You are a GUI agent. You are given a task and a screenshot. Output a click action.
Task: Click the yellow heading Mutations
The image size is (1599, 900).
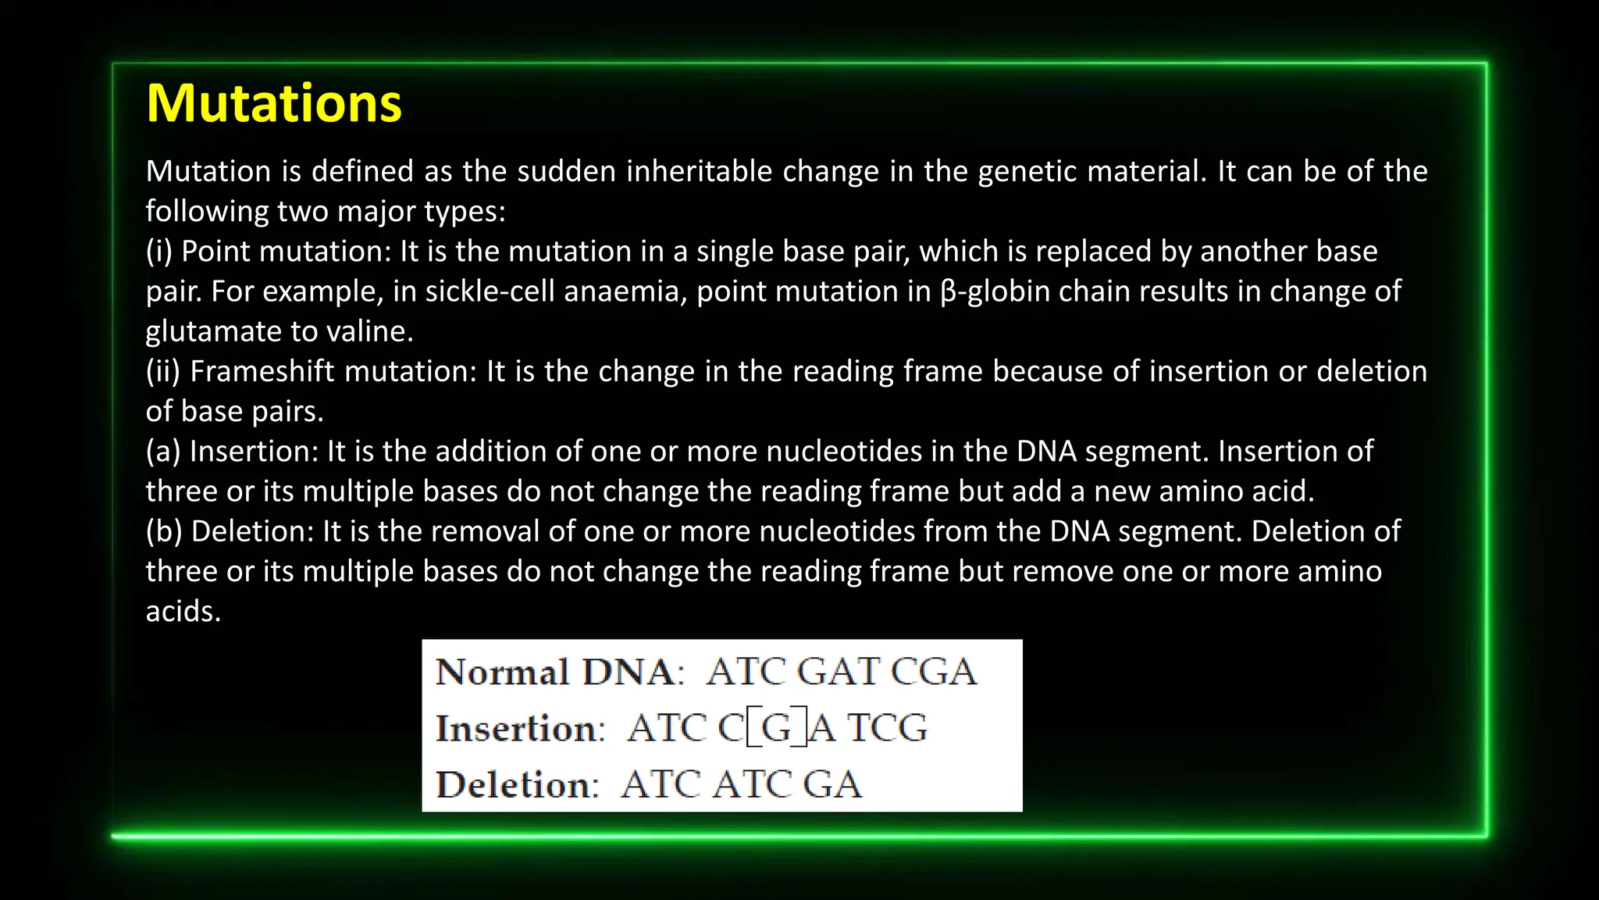(x=273, y=103)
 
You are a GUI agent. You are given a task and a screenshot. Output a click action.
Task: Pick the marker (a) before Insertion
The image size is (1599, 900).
(x=162, y=452)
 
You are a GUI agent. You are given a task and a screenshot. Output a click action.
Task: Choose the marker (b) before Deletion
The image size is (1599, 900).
(x=163, y=531)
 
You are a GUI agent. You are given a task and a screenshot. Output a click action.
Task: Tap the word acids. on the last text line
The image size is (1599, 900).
(x=183, y=612)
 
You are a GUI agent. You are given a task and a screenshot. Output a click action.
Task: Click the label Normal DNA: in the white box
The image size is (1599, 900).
(x=559, y=672)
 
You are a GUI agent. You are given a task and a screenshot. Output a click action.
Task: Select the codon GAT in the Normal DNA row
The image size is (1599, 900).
(x=839, y=672)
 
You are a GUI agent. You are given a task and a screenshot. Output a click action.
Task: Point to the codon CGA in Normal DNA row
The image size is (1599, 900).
(x=934, y=672)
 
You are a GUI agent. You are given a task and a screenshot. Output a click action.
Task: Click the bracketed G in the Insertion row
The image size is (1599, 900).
(x=776, y=728)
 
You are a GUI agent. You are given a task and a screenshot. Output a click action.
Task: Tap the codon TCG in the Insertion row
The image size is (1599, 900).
(x=888, y=728)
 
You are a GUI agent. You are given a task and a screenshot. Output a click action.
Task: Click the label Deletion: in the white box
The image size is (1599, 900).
(x=517, y=784)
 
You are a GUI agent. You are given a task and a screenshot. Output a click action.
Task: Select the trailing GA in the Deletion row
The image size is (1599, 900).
(x=832, y=784)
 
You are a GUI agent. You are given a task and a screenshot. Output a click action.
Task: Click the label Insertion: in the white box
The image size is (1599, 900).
(x=520, y=728)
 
